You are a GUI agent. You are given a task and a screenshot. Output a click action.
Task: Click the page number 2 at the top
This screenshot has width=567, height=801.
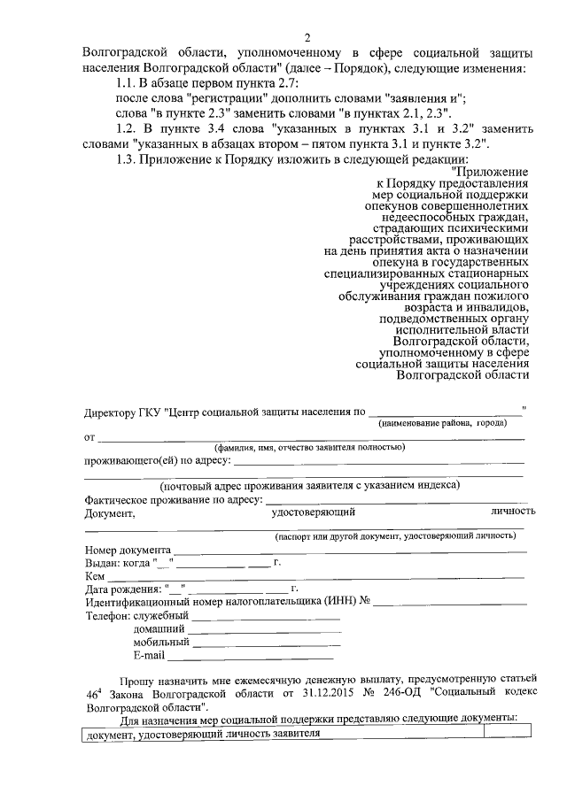(307, 37)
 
